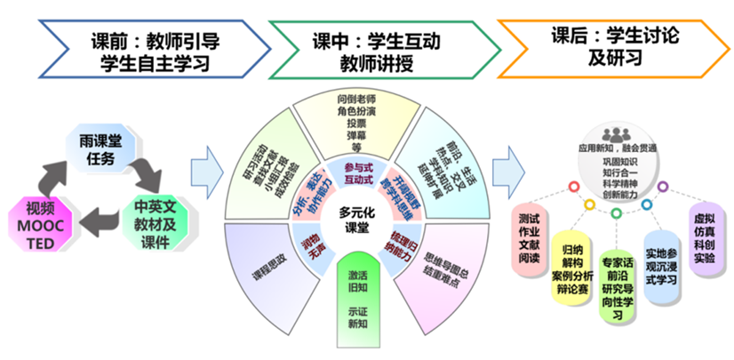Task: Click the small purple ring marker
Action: tap(662, 187)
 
